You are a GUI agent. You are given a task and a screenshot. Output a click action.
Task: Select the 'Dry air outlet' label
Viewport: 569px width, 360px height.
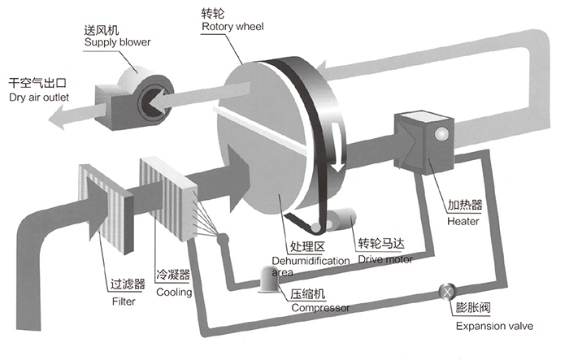[39, 98]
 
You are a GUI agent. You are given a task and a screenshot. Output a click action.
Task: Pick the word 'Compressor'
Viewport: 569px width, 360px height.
[320, 308]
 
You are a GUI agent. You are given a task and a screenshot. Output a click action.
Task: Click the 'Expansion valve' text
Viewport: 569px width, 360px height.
[494, 326]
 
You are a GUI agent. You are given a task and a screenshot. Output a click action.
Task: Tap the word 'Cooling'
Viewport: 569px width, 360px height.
[174, 292]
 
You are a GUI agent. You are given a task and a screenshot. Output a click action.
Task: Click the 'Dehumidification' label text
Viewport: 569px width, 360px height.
[319, 260]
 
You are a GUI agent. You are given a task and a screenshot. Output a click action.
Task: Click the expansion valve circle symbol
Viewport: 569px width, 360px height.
[445, 291]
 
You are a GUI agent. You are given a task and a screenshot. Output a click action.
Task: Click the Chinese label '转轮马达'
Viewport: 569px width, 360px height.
[382, 245]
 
